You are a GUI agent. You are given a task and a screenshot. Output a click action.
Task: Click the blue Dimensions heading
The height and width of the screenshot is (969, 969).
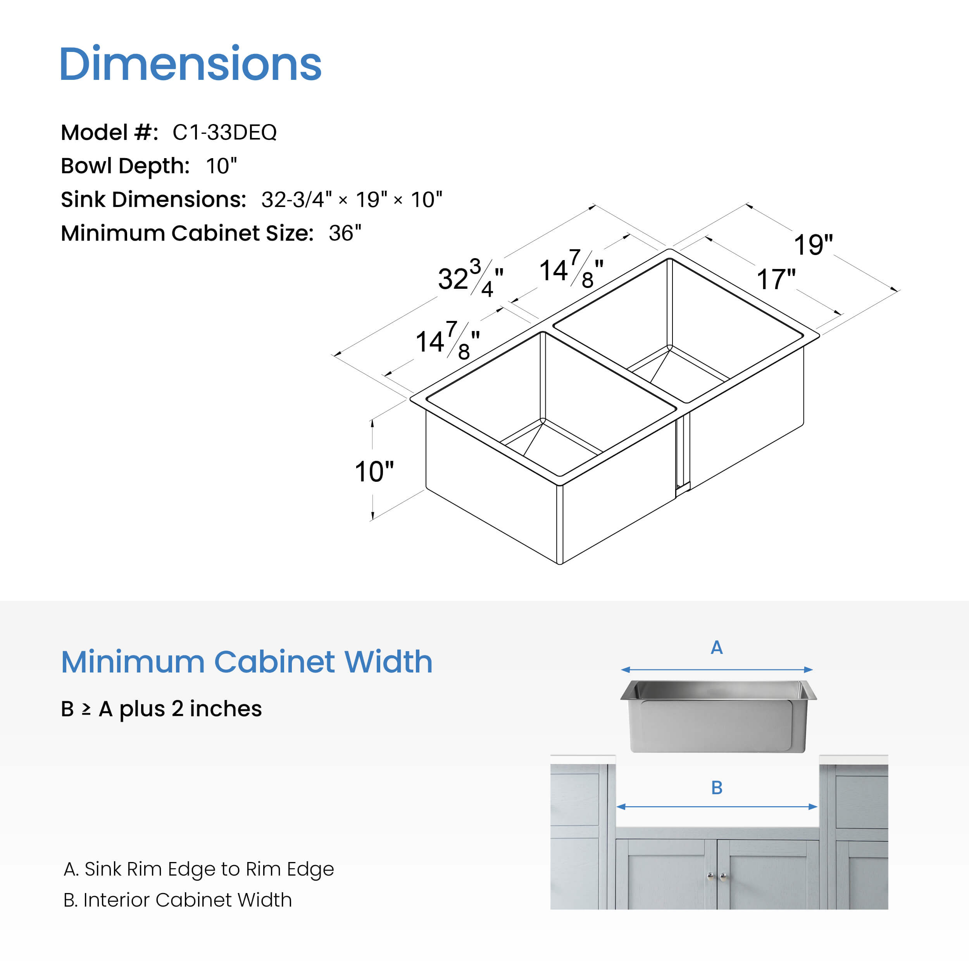191,63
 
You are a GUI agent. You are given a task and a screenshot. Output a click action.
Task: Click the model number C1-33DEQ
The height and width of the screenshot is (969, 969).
224,133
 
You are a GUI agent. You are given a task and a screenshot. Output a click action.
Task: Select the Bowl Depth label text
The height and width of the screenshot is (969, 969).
125,166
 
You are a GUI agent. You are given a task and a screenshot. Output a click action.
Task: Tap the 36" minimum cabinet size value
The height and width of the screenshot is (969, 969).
345,233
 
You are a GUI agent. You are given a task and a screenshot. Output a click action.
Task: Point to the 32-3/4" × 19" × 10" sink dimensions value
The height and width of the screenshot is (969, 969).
352,200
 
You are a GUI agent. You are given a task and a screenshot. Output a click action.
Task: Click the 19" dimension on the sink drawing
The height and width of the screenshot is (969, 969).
813,245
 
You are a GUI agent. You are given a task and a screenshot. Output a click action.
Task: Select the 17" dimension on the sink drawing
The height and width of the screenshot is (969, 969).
776,279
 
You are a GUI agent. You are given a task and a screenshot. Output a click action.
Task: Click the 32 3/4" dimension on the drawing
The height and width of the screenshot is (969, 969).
471,278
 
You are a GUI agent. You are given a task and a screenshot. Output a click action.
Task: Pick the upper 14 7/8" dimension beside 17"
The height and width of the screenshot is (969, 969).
571,269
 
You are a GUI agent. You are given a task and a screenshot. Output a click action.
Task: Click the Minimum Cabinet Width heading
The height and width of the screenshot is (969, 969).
246,662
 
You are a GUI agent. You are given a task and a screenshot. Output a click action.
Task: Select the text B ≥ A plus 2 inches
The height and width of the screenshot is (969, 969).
161,709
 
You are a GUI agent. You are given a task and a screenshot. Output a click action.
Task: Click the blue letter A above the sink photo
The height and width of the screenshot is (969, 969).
717,648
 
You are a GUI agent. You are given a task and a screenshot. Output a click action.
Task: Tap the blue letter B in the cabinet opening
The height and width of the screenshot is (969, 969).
717,788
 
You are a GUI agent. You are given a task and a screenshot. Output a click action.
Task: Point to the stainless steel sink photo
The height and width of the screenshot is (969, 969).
718,716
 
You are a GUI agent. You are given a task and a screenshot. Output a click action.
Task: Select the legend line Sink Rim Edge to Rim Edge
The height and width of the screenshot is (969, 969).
198,869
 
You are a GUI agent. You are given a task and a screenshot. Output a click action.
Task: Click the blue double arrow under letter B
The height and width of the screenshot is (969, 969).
717,807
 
